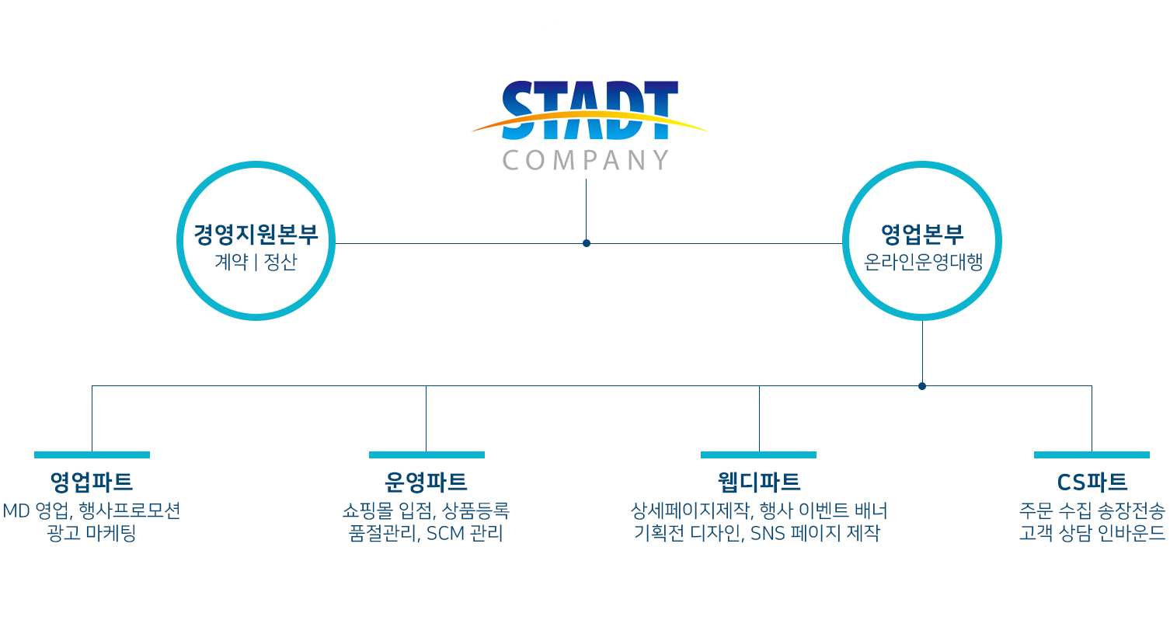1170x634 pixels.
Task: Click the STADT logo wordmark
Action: [x=590, y=110]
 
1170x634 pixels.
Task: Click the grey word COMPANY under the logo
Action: [x=586, y=160]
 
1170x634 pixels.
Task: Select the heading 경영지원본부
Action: [x=256, y=235]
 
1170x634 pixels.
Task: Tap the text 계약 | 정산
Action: [x=256, y=262]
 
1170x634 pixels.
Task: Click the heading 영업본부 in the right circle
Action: [x=922, y=235]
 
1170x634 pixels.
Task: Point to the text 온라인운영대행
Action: [x=923, y=262]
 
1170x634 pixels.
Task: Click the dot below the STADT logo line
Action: [x=586, y=243]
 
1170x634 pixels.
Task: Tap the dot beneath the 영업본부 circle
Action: [x=922, y=386]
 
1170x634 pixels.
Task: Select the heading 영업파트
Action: [x=92, y=482]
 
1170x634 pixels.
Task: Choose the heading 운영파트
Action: [x=426, y=482]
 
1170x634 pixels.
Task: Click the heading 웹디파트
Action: [x=759, y=482]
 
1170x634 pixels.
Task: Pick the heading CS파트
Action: [x=1092, y=482]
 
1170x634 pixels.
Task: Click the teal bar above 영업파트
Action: [x=92, y=455]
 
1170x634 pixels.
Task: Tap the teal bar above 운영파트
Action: [x=427, y=455]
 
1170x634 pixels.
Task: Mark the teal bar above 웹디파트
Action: [x=758, y=455]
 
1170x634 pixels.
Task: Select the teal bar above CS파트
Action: [x=1092, y=455]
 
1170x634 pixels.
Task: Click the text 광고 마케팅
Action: [x=92, y=533]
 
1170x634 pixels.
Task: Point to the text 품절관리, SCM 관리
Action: [x=426, y=533]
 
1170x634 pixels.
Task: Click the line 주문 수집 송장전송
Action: [x=1092, y=510]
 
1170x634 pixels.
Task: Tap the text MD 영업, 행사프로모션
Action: [x=92, y=510]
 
